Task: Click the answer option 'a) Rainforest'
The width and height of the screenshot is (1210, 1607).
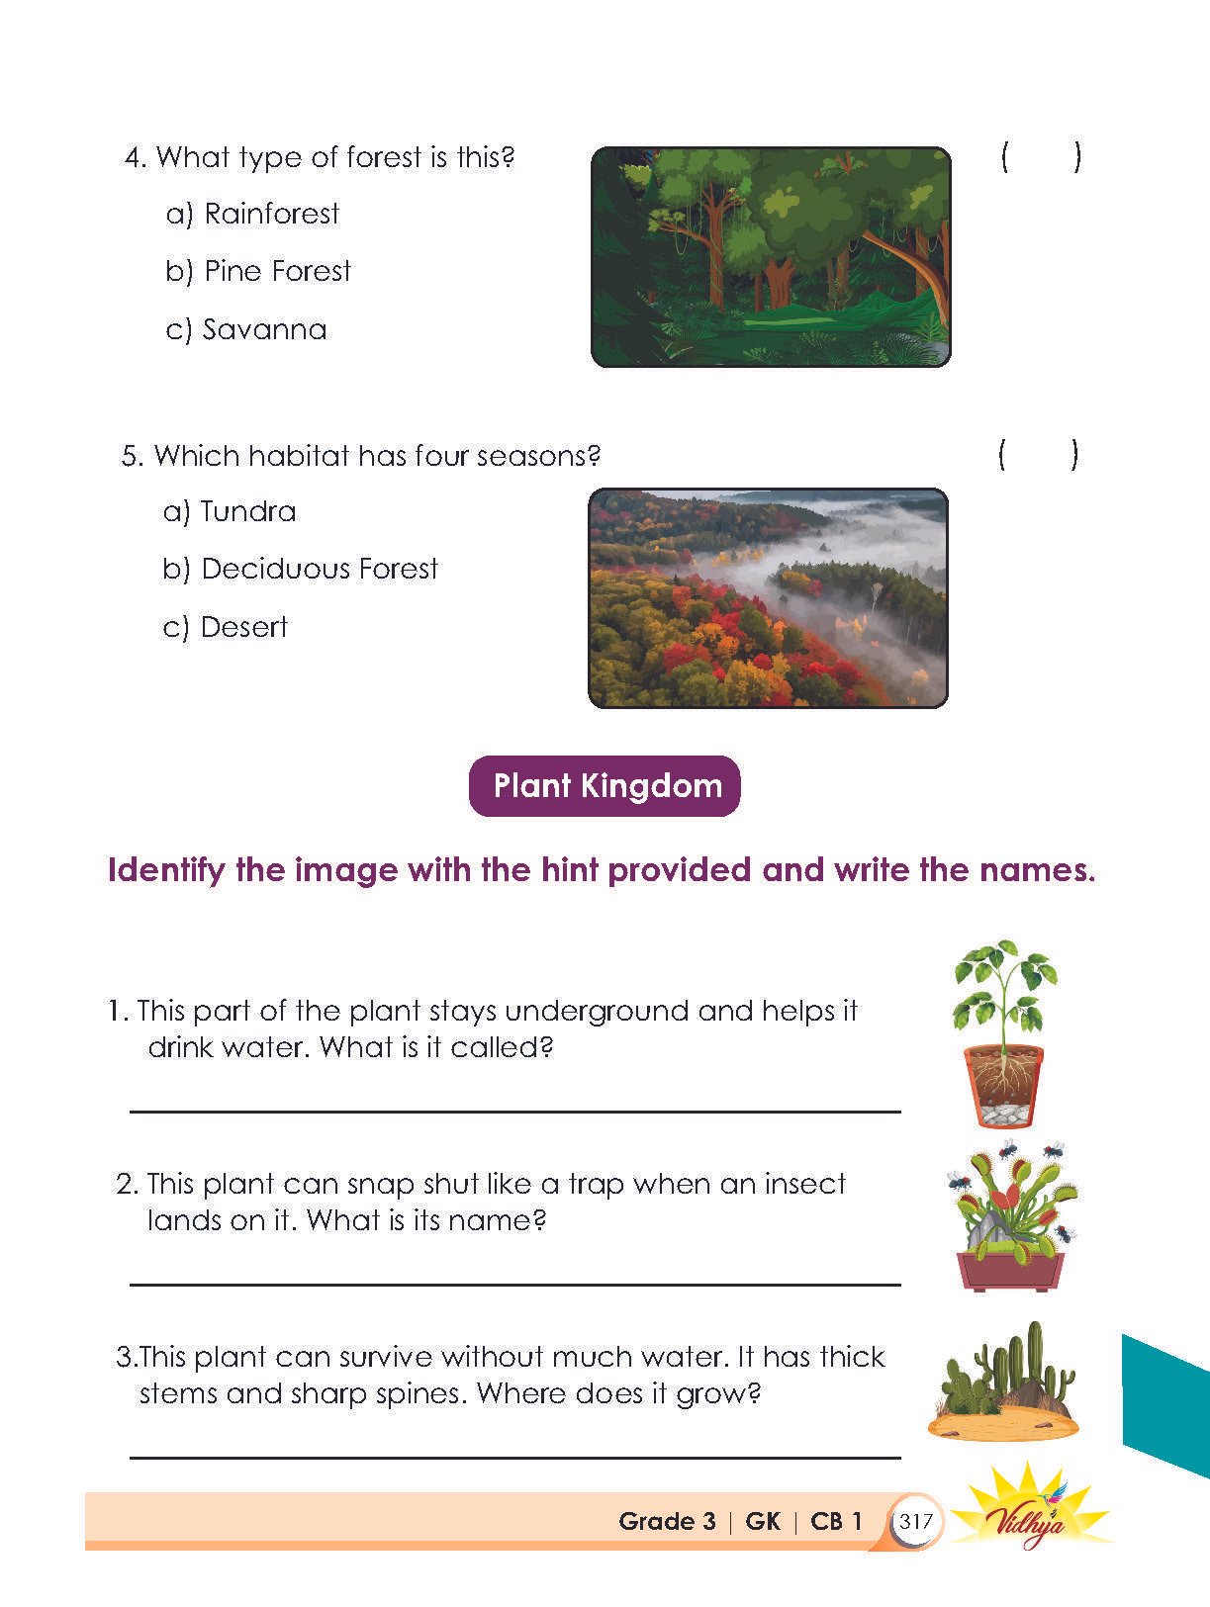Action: coord(252,214)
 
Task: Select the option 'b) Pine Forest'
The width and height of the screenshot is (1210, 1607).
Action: coord(258,271)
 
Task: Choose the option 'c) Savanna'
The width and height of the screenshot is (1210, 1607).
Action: coord(246,329)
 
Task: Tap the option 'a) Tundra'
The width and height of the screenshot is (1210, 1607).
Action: coord(230,512)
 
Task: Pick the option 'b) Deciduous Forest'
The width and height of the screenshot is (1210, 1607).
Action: coord(300,570)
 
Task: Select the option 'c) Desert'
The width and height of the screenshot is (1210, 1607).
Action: coord(226,628)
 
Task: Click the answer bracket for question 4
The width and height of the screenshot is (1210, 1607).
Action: coord(1040,157)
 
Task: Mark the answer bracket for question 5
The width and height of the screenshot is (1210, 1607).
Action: coord(1038,456)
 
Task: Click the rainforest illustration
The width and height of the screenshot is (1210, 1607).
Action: coord(771,257)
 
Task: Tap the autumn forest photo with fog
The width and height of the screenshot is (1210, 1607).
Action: coord(768,597)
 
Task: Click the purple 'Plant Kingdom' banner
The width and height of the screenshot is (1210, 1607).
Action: coord(605,786)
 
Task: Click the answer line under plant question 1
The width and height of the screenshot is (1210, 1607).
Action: coord(514,1111)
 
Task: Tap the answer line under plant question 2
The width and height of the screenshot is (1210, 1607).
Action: coord(514,1284)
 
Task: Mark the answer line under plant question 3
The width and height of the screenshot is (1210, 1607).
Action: coord(514,1457)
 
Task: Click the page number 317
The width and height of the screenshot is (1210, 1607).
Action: coord(916,1521)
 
